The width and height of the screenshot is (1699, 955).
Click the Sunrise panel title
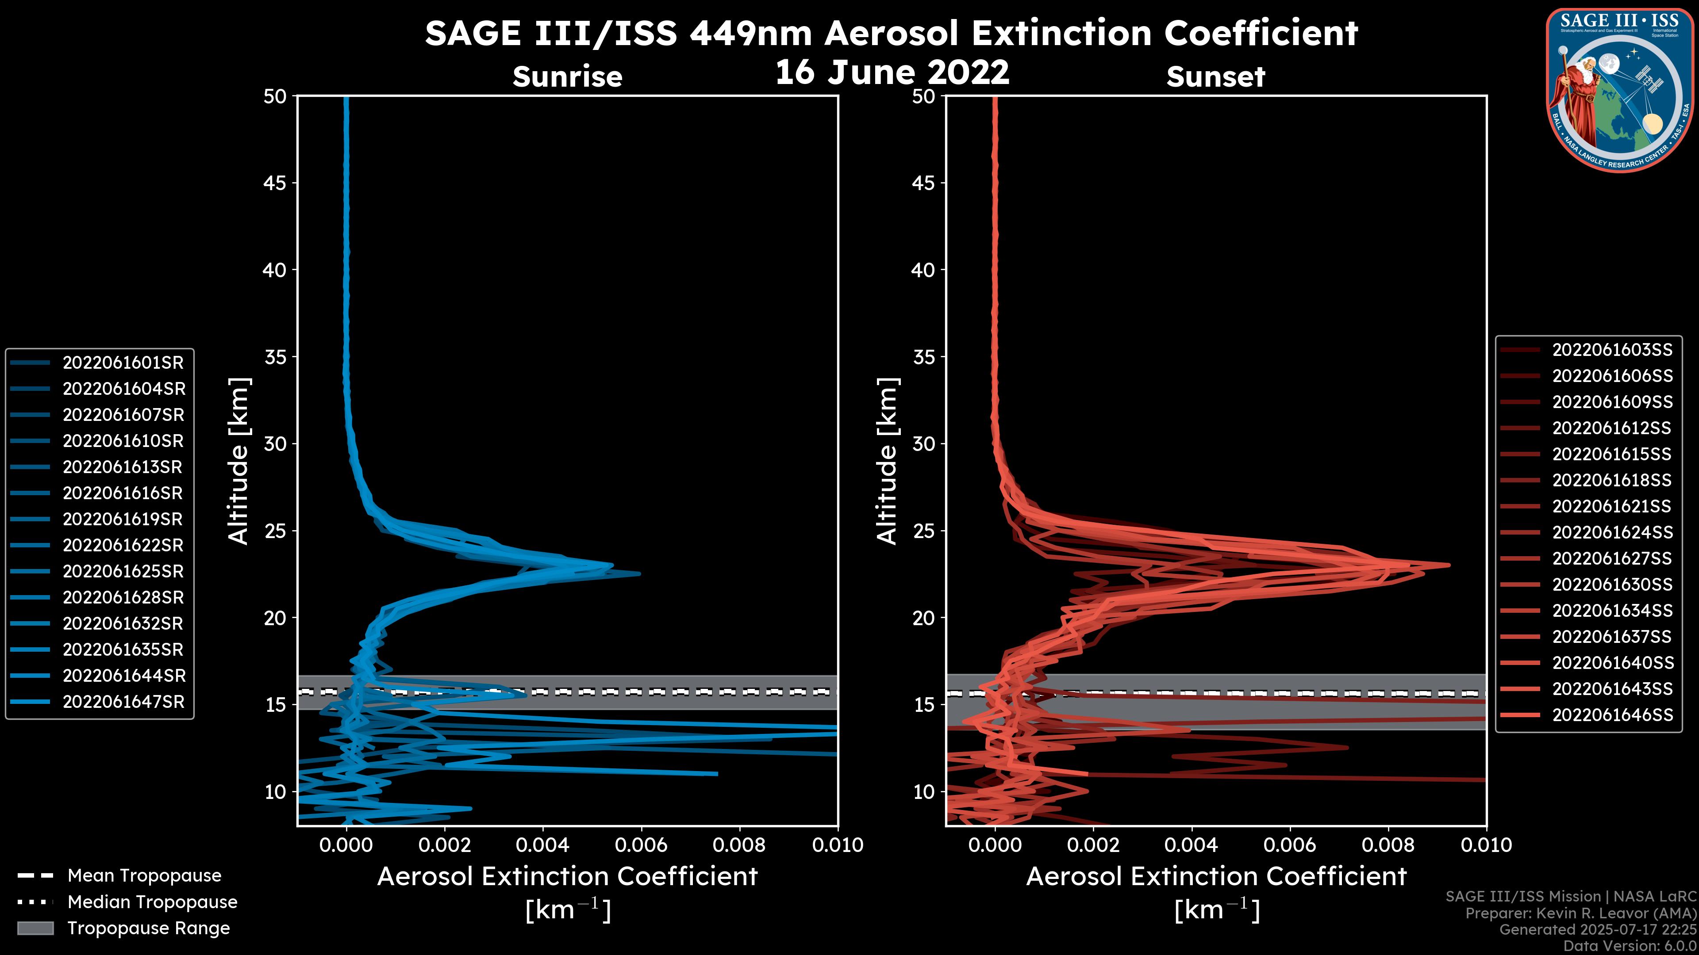pos(567,77)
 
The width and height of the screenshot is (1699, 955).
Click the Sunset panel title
pos(1215,77)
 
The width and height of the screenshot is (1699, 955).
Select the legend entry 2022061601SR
pos(123,363)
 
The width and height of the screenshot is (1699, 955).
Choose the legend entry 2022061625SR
pos(123,571)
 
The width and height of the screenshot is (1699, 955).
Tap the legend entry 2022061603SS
pos(1612,349)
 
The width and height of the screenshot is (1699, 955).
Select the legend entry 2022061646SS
pos(1612,714)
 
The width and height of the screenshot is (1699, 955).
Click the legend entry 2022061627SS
pos(1612,558)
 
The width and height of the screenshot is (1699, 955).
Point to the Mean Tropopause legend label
pos(144,875)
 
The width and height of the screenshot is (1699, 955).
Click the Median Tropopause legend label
pos(152,902)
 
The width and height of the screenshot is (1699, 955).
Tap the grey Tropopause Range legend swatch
pos(35,928)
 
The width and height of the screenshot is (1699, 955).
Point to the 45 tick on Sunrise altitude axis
pos(275,183)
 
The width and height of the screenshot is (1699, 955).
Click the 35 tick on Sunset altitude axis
pos(924,356)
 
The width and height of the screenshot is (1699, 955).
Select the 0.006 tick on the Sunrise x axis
pos(641,845)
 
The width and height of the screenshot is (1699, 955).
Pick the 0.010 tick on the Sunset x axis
pos(1486,845)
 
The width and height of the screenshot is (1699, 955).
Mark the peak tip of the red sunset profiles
pos(1449,565)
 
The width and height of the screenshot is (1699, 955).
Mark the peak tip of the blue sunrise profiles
pos(639,573)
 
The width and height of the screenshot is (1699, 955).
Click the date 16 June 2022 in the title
pos(892,72)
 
